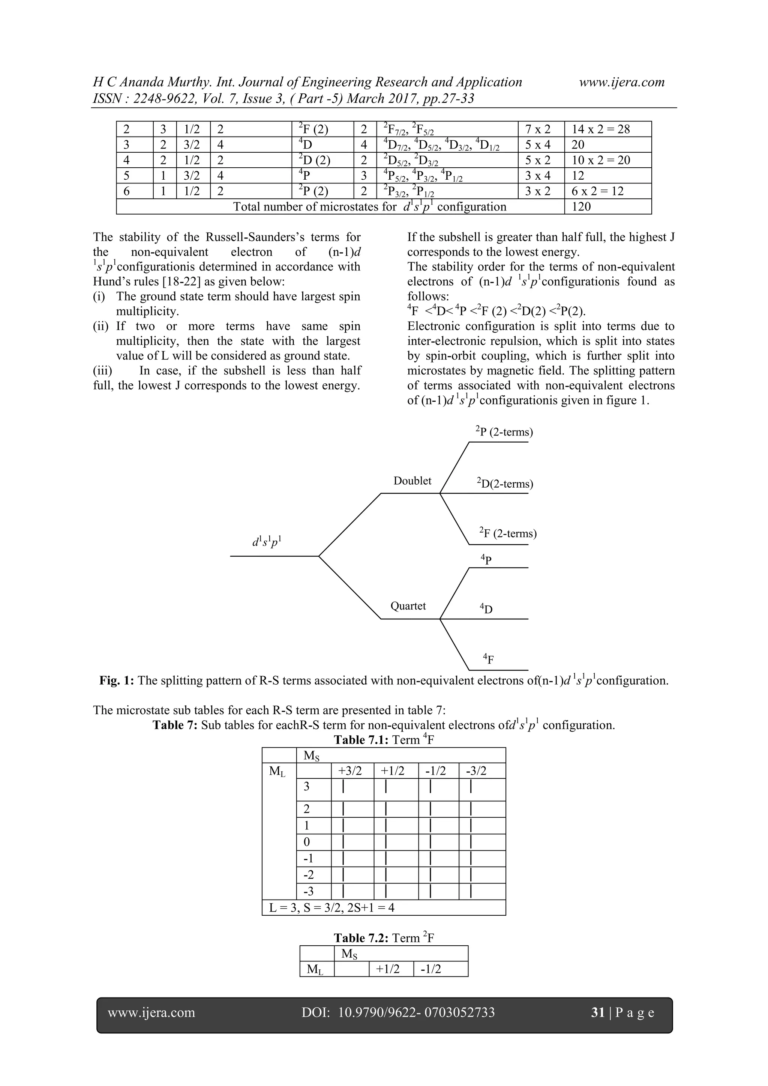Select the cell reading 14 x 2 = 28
click(601, 129)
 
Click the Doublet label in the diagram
click(412, 481)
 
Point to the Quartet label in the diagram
click(408, 606)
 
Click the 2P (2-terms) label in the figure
click(504, 432)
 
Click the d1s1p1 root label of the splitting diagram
click(268, 542)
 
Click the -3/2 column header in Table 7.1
click(476, 771)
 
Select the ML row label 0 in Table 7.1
click(306, 842)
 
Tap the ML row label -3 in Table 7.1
click(308, 892)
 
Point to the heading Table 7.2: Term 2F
click(384, 938)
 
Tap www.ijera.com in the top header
click(621, 82)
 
